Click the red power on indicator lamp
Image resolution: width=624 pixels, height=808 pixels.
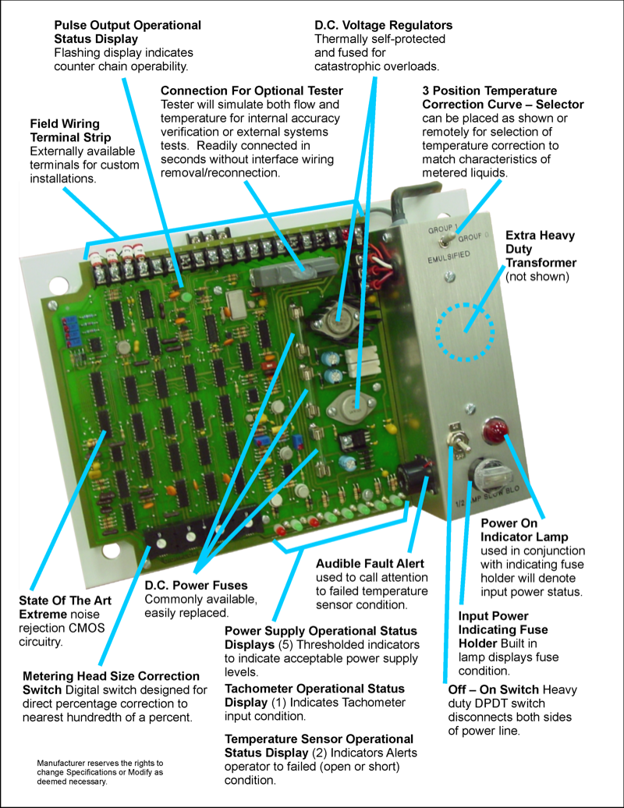(x=492, y=428)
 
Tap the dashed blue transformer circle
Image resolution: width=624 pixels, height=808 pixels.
(x=466, y=331)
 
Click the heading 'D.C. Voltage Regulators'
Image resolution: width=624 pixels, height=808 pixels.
(x=383, y=25)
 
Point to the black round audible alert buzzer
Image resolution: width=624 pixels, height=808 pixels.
(x=412, y=473)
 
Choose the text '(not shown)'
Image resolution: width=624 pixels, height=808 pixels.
(x=537, y=277)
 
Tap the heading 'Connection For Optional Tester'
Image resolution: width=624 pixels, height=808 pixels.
(x=251, y=90)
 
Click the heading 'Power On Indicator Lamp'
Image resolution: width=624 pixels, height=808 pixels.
(x=524, y=530)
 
